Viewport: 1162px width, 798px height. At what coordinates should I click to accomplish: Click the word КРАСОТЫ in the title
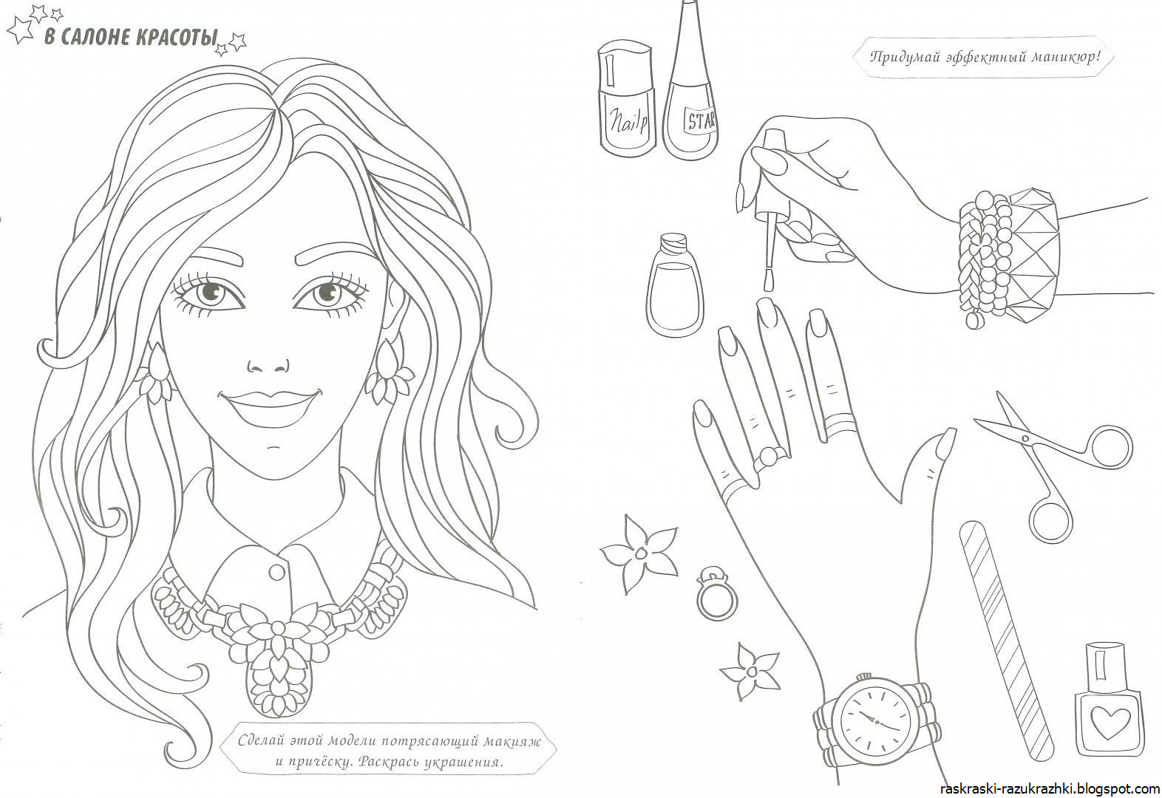coord(177,38)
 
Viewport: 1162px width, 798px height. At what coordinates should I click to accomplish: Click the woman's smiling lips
coord(270,408)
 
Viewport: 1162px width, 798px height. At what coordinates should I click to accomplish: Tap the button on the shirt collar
coord(277,573)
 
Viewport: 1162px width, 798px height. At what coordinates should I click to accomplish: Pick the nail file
coord(1005,641)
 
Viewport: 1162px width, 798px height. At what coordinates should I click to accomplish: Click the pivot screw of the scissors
coord(1025,439)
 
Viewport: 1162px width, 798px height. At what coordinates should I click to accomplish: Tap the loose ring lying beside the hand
coord(716,593)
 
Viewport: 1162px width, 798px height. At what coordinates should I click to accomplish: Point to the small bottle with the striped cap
coord(674,284)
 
